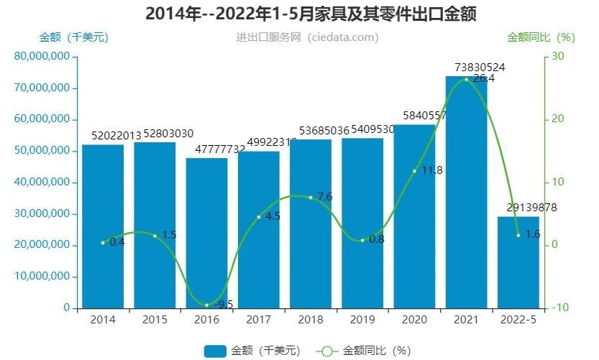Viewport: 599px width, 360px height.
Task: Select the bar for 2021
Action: coord(466,194)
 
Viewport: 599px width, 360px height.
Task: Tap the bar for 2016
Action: coord(206,234)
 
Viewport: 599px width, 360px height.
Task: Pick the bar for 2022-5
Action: coord(518,262)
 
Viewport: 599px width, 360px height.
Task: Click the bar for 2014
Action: coord(103,226)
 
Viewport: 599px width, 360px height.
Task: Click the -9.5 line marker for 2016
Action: coord(206,305)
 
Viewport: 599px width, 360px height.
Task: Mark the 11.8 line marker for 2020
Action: coord(414,171)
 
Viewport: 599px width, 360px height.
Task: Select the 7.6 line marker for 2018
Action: coord(311,197)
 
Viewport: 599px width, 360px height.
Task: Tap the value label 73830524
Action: coord(475,68)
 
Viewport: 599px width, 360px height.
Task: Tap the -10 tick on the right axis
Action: coord(557,308)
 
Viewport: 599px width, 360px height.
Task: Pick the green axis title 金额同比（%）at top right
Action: coord(541,37)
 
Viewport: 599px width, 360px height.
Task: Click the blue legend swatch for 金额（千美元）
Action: coord(215,351)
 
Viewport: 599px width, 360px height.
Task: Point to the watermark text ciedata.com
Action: coord(342,37)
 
